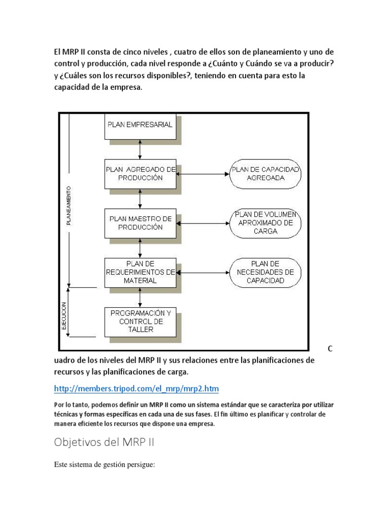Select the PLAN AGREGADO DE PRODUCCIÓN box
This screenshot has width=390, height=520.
coord(140,174)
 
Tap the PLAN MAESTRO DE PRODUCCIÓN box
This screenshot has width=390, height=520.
coord(140,223)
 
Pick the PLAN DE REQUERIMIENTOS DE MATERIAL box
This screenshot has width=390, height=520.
coord(140,272)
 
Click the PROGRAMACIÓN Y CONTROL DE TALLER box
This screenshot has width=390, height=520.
coord(140,321)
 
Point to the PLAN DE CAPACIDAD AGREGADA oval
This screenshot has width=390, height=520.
coord(265,174)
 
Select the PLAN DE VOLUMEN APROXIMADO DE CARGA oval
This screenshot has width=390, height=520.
coord(265,222)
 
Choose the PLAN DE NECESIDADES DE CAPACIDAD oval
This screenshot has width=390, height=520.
coord(265,272)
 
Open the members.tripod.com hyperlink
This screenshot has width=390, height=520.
coord(136,389)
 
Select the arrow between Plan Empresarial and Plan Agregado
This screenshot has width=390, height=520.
coord(140,149)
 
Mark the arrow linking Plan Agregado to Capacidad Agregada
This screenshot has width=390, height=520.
coord(203,174)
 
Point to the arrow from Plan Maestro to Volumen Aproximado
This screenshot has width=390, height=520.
coord(203,223)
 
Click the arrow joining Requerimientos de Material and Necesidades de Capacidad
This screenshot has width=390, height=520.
coord(203,272)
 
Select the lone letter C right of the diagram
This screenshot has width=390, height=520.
coord(330,349)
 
